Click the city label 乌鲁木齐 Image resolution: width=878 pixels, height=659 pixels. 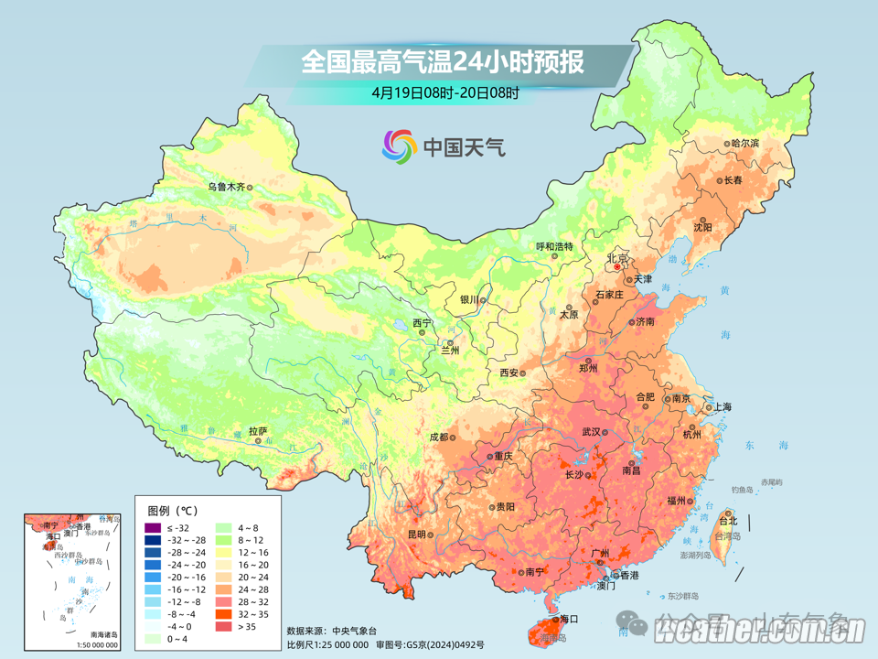225,187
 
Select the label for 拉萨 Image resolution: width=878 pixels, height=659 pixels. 258,430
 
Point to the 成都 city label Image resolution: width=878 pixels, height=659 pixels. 438,438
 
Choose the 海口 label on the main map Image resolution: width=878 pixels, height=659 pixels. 570,620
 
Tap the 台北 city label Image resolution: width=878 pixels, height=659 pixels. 727,521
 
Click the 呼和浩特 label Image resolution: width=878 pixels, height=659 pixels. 553,246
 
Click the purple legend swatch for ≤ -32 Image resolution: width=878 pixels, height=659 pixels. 152,529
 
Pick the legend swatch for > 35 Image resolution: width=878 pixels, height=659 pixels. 223,626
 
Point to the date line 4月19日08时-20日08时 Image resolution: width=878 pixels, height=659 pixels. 445,92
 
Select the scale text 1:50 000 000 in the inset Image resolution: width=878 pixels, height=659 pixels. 91,645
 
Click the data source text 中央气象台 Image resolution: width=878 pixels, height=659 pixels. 354,631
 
